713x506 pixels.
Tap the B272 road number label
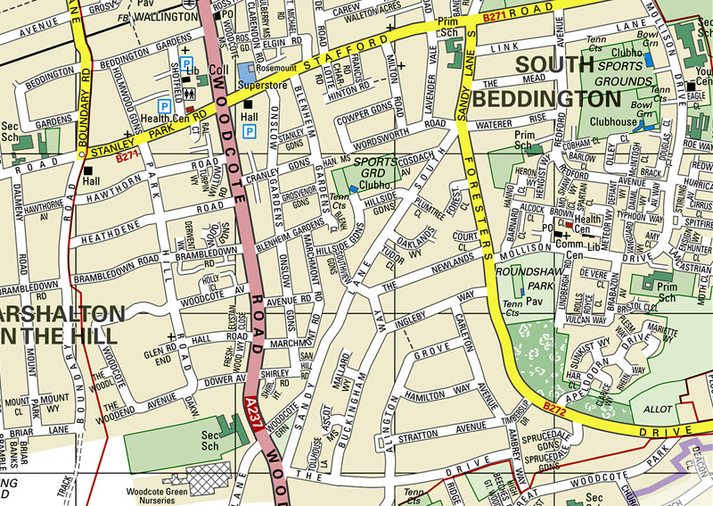pyautogui.click(x=553, y=407)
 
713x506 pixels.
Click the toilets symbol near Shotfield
pyautogui.click(x=189, y=92)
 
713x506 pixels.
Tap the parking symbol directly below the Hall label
pyautogui.click(x=250, y=131)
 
